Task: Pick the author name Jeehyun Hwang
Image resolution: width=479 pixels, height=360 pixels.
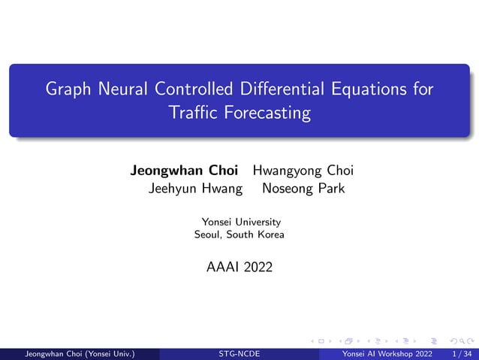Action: tap(195, 189)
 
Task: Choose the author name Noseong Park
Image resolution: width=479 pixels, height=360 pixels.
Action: tap(303, 189)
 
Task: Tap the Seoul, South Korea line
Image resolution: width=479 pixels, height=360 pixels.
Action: tap(239, 234)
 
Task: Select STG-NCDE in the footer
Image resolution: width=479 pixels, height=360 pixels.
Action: tap(239, 353)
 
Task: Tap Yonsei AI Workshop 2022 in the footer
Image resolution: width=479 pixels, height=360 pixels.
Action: tap(387, 353)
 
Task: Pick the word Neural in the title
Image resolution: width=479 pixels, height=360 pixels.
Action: tap(124, 90)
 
